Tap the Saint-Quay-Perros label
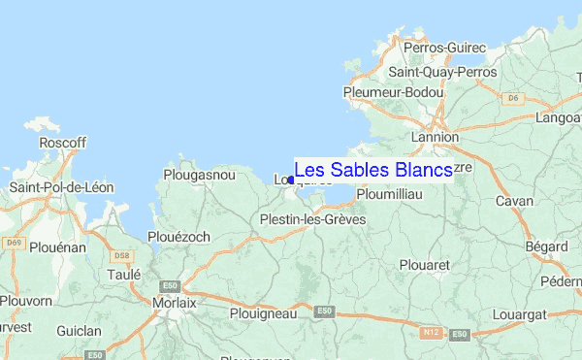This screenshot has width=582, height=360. pos(441,72)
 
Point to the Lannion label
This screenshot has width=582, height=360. pos(435,138)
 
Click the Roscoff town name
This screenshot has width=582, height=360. pos(63,143)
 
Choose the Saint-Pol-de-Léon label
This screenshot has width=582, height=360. pos(61,187)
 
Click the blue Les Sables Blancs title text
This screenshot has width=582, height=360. pos(372,170)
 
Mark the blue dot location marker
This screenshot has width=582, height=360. pos(291,180)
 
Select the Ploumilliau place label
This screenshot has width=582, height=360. pos(388,194)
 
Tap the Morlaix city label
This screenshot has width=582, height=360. pos(175,303)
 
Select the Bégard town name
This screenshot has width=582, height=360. pos(546,246)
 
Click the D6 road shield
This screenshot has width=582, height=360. pos(513,97)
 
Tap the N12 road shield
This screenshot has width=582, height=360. pos(432,333)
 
